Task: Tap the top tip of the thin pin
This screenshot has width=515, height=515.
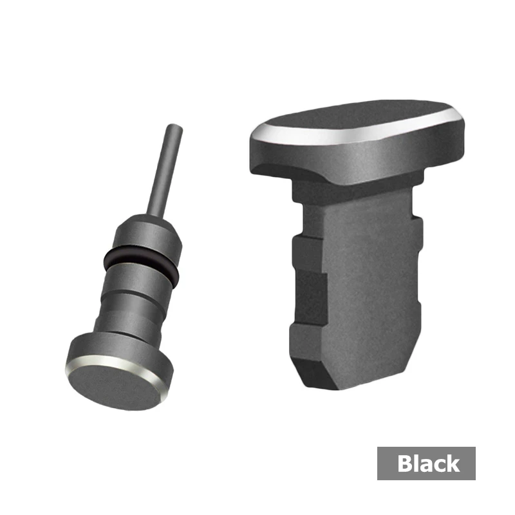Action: [174, 125]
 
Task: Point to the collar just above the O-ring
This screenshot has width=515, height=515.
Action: [148, 234]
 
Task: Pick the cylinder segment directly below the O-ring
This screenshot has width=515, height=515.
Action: [138, 280]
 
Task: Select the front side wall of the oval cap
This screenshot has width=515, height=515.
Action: [358, 161]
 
